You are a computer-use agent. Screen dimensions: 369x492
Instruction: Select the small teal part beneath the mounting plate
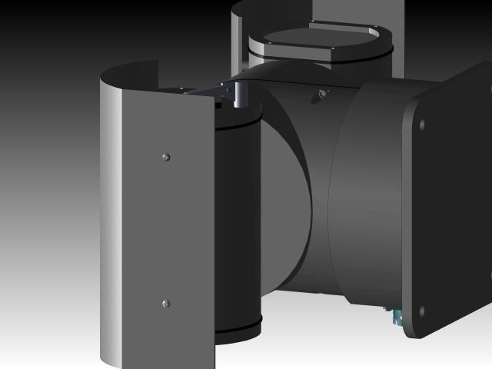tap(395, 316)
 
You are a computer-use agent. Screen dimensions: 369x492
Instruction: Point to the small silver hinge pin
tap(238, 96)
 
